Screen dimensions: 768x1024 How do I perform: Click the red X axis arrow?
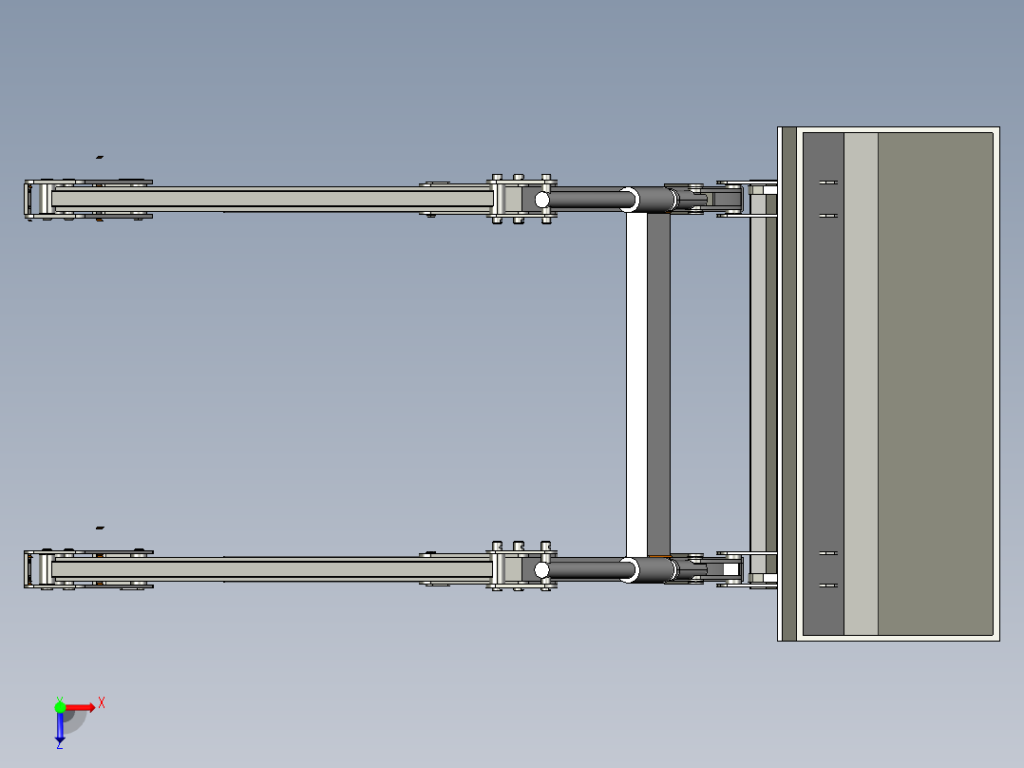(80, 707)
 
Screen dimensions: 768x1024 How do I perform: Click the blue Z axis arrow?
(60, 728)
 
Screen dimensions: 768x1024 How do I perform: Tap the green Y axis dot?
(60, 706)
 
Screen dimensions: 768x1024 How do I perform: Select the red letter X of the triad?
(101, 703)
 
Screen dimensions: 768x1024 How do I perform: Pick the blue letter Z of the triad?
(59, 744)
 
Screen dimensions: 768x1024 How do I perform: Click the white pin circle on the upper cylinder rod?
(541, 200)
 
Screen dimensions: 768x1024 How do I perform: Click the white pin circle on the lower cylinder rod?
(541, 570)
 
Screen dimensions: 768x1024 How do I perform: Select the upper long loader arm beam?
(275, 199)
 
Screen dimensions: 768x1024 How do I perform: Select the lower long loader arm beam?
(275, 569)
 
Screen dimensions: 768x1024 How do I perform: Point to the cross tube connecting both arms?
(648, 385)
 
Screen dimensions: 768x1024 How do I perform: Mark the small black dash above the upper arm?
(100, 157)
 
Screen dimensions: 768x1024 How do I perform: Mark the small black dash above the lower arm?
(100, 527)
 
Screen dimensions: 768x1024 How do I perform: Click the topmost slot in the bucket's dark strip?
(827, 182)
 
